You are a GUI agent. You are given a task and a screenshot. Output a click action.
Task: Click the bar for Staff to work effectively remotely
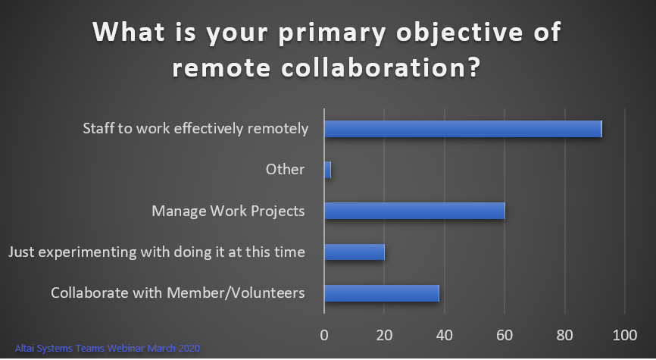click(x=463, y=129)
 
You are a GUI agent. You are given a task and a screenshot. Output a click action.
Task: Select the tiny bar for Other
click(x=327, y=170)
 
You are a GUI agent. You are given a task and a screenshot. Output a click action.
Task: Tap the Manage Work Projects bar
click(x=414, y=211)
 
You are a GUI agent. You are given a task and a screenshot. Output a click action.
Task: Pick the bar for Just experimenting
click(x=355, y=252)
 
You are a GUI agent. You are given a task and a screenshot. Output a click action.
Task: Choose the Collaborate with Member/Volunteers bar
click(x=382, y=293)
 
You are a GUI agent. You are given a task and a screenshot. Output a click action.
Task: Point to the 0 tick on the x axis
click(x=324, y=335)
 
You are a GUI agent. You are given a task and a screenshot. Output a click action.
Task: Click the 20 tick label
click(x=384, y=335)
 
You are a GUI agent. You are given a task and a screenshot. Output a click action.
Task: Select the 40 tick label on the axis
click(x=445, y=335)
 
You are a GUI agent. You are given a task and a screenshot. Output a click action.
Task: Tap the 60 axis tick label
click(x=504, y=335)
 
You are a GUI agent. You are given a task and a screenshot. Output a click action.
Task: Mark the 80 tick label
click(x=565, y=335)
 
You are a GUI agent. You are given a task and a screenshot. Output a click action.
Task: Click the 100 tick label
click(x=625, y=335)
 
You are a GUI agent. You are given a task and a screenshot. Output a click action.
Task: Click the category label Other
click(x=286, y=170)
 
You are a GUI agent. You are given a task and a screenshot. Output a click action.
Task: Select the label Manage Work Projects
click(x=228, y=211)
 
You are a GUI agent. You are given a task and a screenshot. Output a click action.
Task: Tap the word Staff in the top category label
click(x=98, y=128)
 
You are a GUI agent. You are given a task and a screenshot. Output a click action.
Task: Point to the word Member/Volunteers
click(x=236, y=293)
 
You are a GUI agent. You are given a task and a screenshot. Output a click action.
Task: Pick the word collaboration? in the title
click(x=380, y=67)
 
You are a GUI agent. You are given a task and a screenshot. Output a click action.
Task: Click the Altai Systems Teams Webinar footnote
click(x=108, y=349)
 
